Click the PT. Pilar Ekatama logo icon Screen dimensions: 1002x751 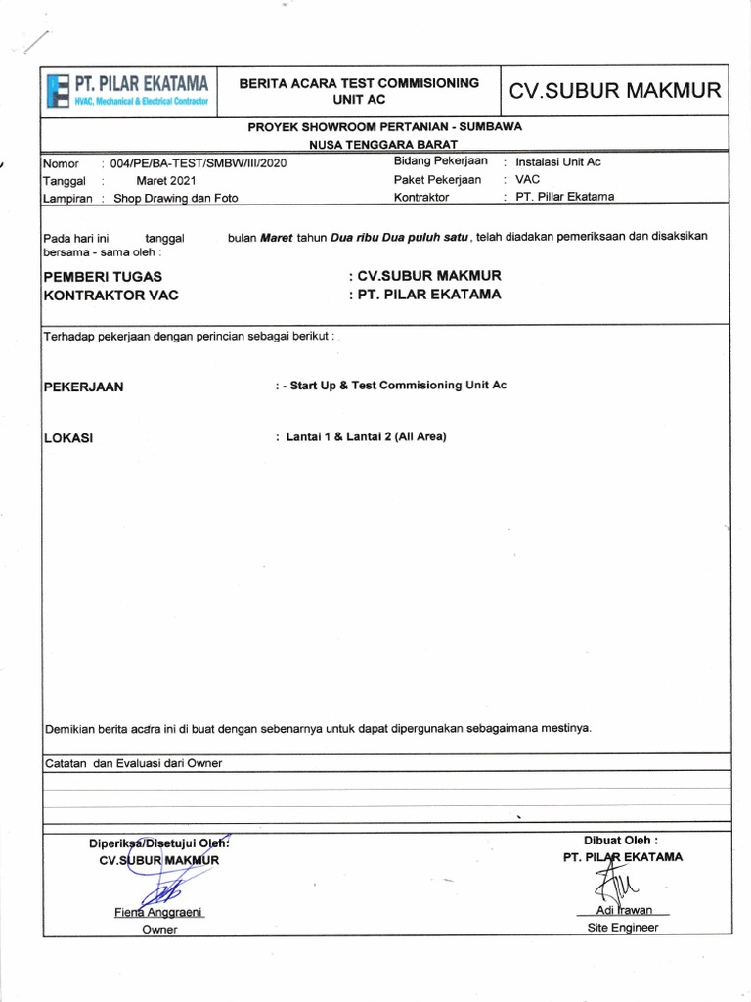coord(58,91)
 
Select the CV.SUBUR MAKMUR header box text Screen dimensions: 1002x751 coord(615,92)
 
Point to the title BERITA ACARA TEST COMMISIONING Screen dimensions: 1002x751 coord(361,83)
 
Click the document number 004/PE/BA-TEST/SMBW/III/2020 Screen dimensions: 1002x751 coord(199,164)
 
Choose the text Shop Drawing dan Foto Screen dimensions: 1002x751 coord(176,198)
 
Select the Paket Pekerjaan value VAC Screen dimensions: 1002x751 coord(528,180)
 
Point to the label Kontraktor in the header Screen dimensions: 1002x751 coord(421,197)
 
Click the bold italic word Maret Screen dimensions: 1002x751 coord(277,237)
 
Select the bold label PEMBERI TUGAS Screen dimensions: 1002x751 coord(102,277)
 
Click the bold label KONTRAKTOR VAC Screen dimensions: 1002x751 coord(110,295)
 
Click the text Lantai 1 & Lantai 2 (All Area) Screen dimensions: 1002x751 coord(366,436)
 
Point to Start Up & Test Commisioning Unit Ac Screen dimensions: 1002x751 coord(398,386)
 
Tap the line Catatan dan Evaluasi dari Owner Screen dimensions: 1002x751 coord(134,763)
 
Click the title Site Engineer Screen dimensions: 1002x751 coord(623,928)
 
